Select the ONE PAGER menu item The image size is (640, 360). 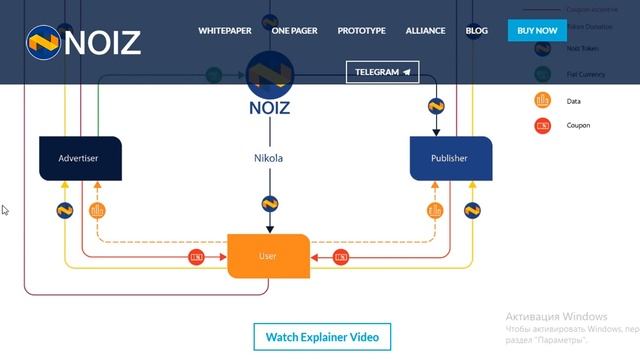pos(294,31)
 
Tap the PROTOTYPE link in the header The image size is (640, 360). pos(361,31)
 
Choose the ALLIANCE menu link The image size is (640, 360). pos(426,31)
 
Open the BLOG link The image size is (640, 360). pos(477,31)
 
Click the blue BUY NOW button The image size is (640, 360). pos(537,31)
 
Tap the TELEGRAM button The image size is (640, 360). pos(382,72)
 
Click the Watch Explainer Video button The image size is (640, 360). pos(322,337)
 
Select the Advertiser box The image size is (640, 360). pos(79,158)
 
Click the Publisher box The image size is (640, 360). pos(451,158)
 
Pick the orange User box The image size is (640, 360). pos(268,256)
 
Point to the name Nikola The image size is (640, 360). pos(269,158)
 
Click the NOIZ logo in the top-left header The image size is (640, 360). pos(84,42)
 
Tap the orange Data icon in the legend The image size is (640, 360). pos(543,100)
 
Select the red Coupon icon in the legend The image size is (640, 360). pos(543,125)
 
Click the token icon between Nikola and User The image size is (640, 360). pos(269,204)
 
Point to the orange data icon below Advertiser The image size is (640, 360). pos(97,211)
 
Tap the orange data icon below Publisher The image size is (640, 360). pos(435,211)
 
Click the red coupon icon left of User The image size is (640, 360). pos(197,257)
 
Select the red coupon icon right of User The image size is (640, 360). pos(341,257)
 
